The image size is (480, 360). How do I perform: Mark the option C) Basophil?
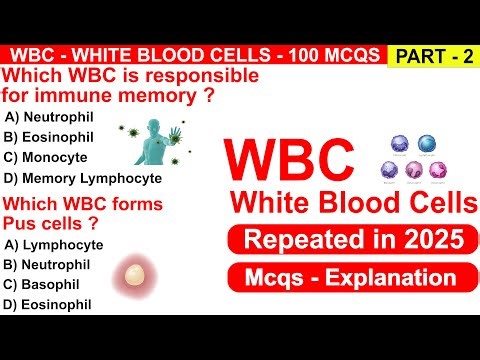[x=45, y=285]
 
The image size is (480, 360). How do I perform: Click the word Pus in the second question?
[x=23, y=222]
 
